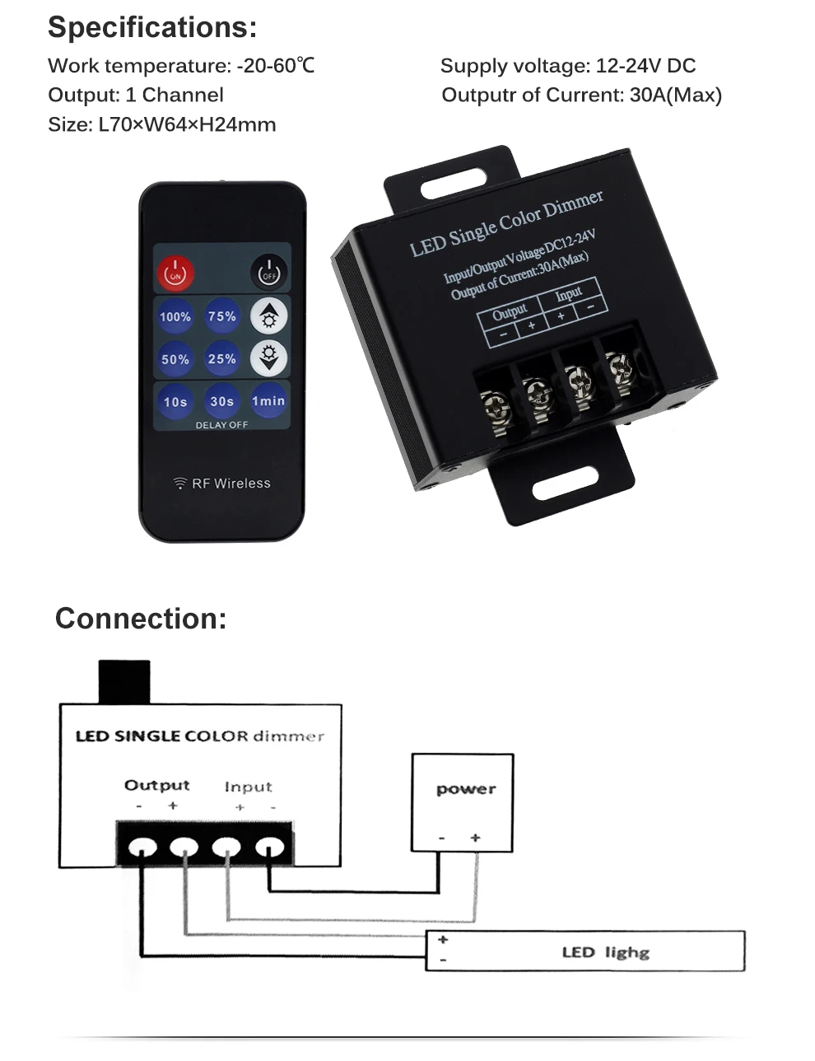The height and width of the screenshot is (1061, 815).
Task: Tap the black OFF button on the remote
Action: tap(268, 273)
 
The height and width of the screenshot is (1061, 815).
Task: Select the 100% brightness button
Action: tap(175, 316)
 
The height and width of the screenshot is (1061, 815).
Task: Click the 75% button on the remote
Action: tap(222, 316)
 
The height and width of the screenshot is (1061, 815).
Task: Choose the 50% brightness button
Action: tap(175, 359)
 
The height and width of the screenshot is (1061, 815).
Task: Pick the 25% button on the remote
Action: tap(222, 359)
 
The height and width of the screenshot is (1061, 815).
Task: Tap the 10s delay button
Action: tap(175, 402)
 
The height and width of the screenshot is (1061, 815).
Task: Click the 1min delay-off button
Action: tap(268, 401)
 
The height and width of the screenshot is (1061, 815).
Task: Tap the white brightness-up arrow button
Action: tap(268, 315)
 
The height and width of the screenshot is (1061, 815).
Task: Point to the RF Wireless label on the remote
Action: tap(222, 484)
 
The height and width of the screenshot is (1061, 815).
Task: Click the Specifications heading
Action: tap(152, 27)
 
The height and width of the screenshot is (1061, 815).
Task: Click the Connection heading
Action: tap(141, 619)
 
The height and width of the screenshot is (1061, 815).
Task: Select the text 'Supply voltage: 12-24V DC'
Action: tap(568, 66)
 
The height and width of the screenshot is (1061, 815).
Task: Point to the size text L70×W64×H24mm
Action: tap(162, 124)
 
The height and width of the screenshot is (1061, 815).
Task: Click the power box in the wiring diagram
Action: tap(463, 802)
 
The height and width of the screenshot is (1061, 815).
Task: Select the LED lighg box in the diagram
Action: tap(585, 951)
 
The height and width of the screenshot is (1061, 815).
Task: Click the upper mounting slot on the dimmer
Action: tap(453, 183)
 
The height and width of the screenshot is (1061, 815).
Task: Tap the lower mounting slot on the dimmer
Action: tap(565, 485)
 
